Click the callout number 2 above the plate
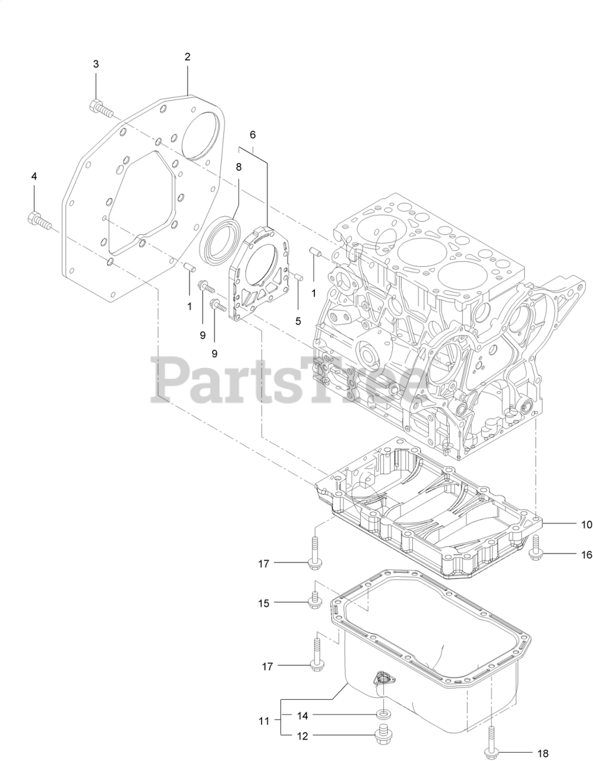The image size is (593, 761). pyautogui.click(x=187, y=57)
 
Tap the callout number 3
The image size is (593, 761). pyautogui.click(x=96, y=64)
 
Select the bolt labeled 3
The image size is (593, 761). pyautogui.click(x=100, y=108)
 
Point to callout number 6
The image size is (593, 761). pyautogui.click(x=253, y=135)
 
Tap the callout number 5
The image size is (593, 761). pyautogui.click(x=298, y=321)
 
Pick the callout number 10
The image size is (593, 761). pyautogui.click(x=586, y=524)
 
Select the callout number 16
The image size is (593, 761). pyautogui.click(x=586, y=555)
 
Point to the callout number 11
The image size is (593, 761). pyautogui.click(x=264, y=721)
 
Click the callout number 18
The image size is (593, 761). pyautogui.click(x=542, y=753)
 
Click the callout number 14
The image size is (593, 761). pyautogui.click(x=303, y=714)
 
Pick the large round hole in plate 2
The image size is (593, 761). pyautogui.click(x=200, y=135)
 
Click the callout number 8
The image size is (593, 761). pyautogui.click(x=238, y=167)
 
